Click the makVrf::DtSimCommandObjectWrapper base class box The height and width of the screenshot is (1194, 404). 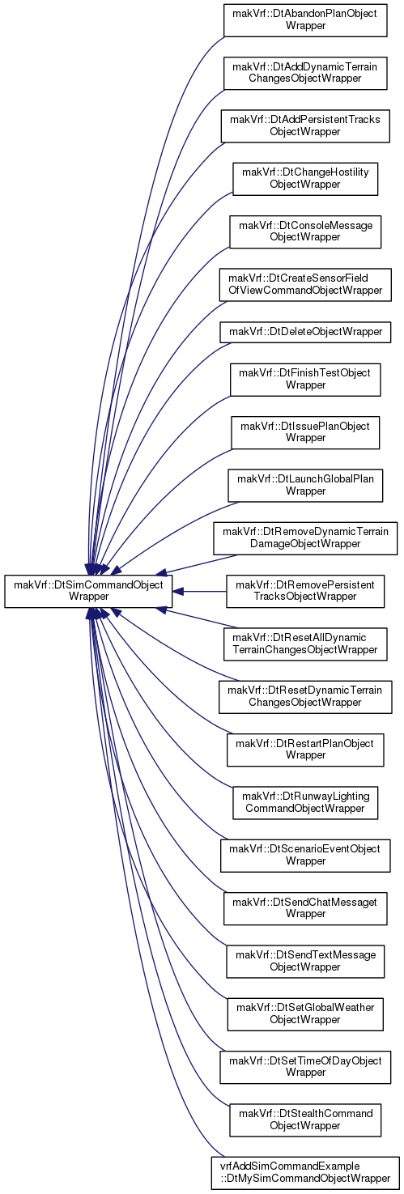[88, 591]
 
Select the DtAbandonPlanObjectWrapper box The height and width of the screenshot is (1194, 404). [305, 19]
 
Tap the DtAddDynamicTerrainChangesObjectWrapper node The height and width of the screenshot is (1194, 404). [305, 73]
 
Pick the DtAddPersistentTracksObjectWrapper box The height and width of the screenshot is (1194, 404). [305, 125]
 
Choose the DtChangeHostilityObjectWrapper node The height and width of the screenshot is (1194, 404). [305, 179]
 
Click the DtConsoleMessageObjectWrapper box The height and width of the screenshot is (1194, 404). [305, 232]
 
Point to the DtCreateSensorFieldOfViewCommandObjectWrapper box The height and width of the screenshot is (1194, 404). [305, 284]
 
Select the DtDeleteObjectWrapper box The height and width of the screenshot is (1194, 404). [305, 332]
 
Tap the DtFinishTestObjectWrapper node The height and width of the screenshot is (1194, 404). [305, 379]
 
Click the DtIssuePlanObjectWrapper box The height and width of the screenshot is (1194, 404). [305, 431]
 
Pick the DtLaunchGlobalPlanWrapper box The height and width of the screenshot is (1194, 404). [305, 485]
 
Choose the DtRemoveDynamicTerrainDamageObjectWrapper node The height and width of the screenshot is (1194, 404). [305, 538]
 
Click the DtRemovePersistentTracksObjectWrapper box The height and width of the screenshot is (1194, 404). [305, 591]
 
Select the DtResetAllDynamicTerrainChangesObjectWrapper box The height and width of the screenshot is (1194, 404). [305, 644]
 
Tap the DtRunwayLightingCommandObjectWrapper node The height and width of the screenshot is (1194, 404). [305, 802]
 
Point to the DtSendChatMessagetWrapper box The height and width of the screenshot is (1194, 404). [305, 907]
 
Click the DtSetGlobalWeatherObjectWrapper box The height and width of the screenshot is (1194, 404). [305, 1013]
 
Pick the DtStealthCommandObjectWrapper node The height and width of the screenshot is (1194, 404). [305, 1120]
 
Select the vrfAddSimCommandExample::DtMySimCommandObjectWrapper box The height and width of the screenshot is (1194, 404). [305, 1172]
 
